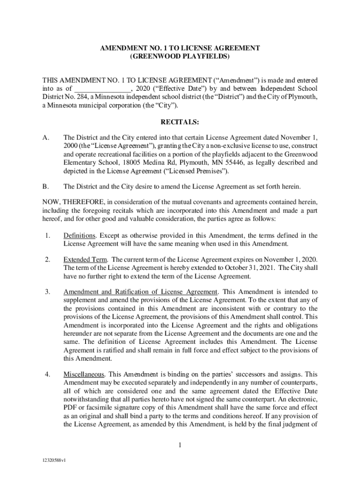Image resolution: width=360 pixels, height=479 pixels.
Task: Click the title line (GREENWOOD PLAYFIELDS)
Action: click(180, 57)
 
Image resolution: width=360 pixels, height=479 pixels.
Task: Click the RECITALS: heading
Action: click(180, 122)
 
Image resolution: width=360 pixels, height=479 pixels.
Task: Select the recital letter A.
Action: click(45, 138)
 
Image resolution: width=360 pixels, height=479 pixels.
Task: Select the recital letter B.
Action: click(45, 187)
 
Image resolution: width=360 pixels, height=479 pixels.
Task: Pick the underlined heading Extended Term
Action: click(86, 260)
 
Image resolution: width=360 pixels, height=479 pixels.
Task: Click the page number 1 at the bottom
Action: click(180, 445)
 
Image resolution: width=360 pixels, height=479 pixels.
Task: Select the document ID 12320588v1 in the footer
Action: click(53, 460)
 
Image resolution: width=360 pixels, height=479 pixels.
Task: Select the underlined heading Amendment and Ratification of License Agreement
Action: click(140, 292)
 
